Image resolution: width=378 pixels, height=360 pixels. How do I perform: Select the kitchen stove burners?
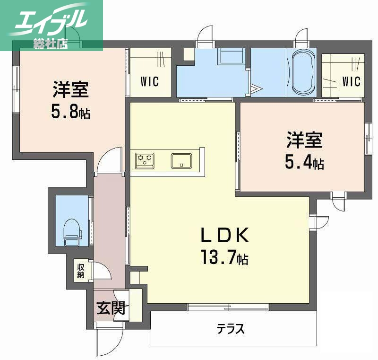[x=145, y=161]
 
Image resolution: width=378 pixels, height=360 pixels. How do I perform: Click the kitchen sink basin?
[x=181, y=161]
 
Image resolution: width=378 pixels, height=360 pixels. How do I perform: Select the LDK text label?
[x=224, y=235]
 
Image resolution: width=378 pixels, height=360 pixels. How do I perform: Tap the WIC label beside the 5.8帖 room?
[x=149, y=81]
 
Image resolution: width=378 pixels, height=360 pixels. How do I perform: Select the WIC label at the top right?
[x=351, y=81]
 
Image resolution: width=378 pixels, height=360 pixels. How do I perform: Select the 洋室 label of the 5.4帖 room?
[x=304, y=140]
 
